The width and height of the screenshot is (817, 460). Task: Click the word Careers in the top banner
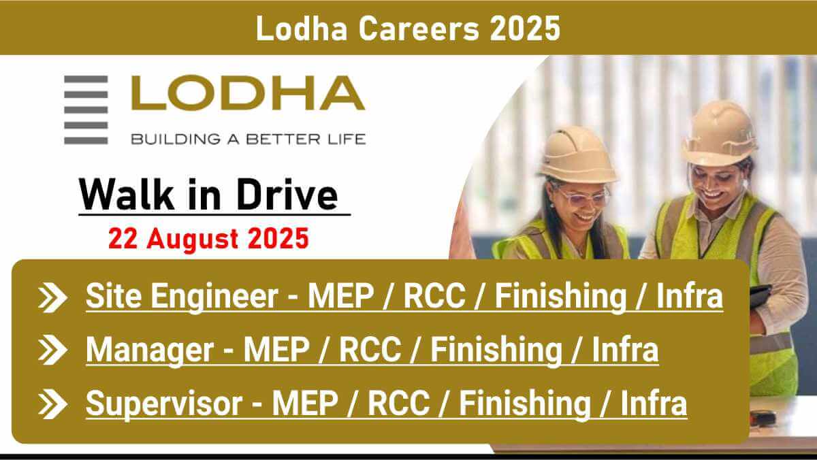419,29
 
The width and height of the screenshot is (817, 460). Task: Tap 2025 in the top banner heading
525,29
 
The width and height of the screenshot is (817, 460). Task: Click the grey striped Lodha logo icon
86,110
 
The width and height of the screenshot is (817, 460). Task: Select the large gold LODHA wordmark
248,93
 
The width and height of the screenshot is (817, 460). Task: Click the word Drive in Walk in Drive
287,195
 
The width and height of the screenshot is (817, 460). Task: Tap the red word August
192,239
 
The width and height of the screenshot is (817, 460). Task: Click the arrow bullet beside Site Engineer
52,297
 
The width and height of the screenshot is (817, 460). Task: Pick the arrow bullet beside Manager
52,350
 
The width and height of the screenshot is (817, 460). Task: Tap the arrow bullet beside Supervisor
52,404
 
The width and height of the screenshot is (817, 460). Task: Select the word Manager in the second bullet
150,350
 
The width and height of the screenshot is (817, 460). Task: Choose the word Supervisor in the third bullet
164,404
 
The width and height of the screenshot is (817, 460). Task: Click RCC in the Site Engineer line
434,296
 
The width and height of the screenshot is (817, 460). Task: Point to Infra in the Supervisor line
654,404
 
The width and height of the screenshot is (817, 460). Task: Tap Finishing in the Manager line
496,350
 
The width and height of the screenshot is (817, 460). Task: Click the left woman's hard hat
577,155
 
